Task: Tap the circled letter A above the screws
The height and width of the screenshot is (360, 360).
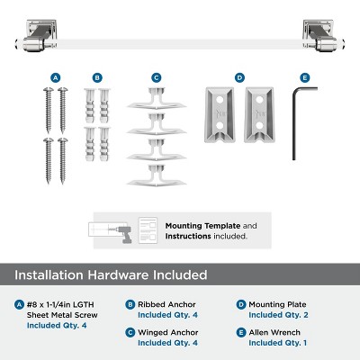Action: (x=56, y=77)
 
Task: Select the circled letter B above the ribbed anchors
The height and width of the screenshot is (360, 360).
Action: (x=97, y=77)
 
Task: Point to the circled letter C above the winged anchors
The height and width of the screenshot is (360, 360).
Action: (x=156, y=77)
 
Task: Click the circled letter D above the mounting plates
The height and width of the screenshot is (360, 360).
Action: (x=239, y=77)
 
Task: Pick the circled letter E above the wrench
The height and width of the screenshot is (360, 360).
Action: (x=304, y=77)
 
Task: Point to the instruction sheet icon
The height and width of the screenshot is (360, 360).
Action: (x=148, y=229)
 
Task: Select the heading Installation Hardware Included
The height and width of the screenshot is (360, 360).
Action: (x=110, y=274)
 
